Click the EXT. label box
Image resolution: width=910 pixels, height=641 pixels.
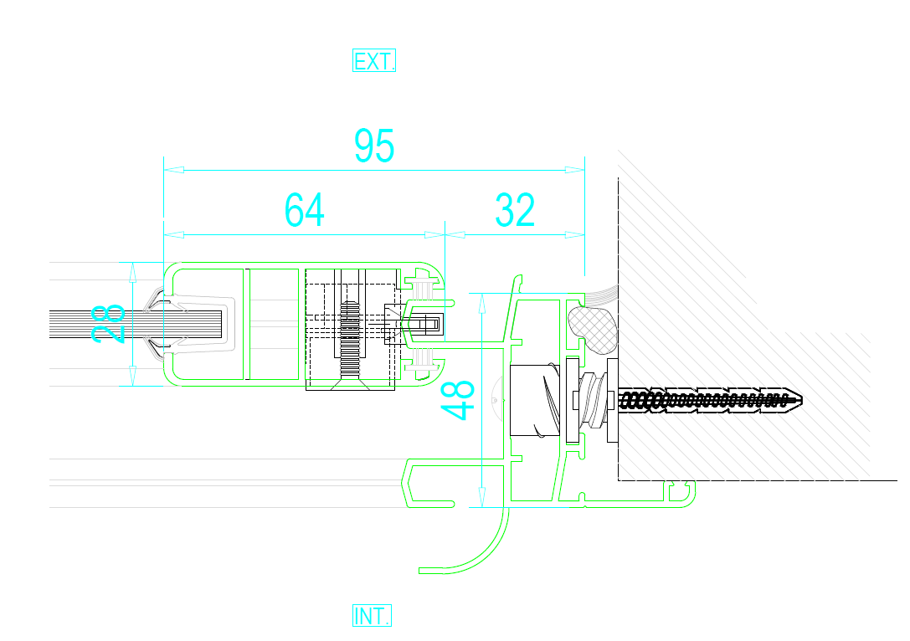[373, 60]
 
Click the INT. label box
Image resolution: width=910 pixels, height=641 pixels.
[372, 615]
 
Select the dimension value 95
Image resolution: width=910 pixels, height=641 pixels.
[374, 146]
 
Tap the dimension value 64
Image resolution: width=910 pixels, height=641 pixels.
[304, 209]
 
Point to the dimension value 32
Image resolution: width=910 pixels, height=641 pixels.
[515, 209]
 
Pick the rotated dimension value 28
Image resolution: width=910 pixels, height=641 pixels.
[109, 324]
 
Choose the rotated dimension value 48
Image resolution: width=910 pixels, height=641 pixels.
[458, 400]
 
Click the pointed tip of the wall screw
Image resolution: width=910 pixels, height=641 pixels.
[801, 399]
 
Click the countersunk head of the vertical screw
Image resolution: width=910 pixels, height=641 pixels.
[350, 384]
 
